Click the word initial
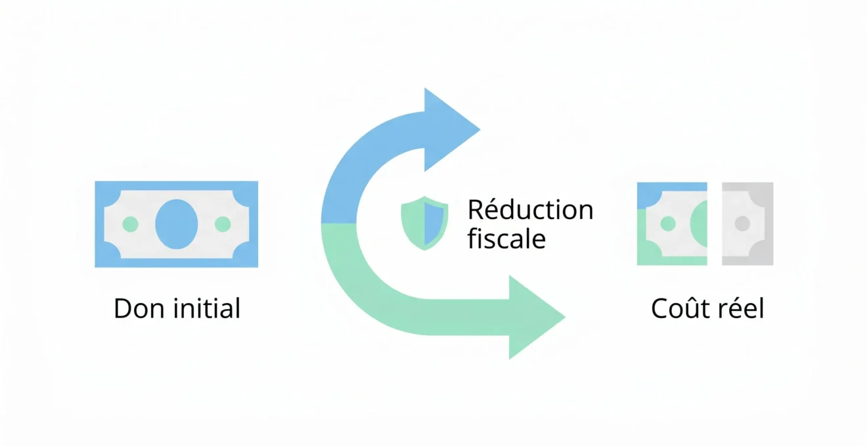pos(207,308)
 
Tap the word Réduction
pos(530,209)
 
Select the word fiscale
pos(506,239)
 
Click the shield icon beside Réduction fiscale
pos(424,223)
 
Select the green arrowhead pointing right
pos(537,317)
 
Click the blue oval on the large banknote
pos(177,224)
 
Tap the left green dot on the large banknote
pos(131,224)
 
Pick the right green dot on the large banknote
pos(223,224)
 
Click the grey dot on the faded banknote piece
pos(742,224)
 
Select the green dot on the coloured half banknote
pos(668,224)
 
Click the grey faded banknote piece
pos(747,224)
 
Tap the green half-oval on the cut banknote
pos(699,224)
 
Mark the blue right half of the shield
pos(433,223)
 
